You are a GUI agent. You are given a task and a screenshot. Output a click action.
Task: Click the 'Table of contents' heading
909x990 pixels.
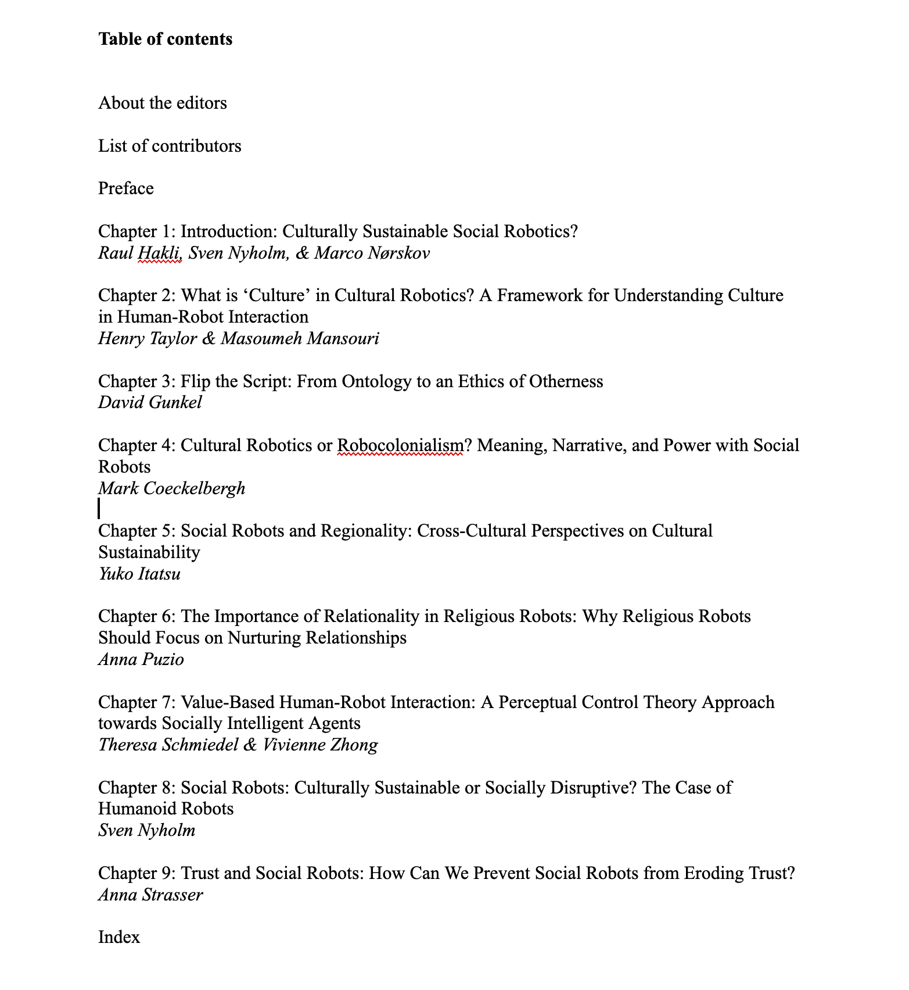(x=165, y=39)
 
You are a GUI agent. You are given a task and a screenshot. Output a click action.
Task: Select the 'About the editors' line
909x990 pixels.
(x=163, y=103)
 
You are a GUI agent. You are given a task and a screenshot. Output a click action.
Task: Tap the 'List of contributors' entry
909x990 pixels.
(x=170, y=146)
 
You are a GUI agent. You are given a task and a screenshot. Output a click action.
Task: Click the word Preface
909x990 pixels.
(x=126, y=188)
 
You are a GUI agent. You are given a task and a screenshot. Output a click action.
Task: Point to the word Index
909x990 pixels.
(x=119, y=937)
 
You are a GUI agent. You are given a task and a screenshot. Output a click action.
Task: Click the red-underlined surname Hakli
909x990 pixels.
(x=159, y=253)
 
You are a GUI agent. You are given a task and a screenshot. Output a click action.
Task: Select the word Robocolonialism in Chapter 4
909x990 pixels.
(x=400, y=445)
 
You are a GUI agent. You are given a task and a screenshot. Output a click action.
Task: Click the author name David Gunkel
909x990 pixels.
(x=150, y=402)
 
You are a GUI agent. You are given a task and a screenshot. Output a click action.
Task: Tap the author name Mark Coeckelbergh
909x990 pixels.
(x=172, y=488)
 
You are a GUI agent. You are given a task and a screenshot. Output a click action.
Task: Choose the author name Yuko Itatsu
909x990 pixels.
(x=139, y=574)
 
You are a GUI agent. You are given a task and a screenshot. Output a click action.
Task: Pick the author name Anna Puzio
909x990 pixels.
(x=141, y=659)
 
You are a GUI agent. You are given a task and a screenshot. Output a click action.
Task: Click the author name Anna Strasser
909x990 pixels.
(x=150, y=895)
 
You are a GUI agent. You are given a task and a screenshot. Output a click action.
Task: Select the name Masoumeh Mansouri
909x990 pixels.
(x=300, y=338)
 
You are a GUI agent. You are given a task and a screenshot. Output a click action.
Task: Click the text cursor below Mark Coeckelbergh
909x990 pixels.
(x=99, y=508)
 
